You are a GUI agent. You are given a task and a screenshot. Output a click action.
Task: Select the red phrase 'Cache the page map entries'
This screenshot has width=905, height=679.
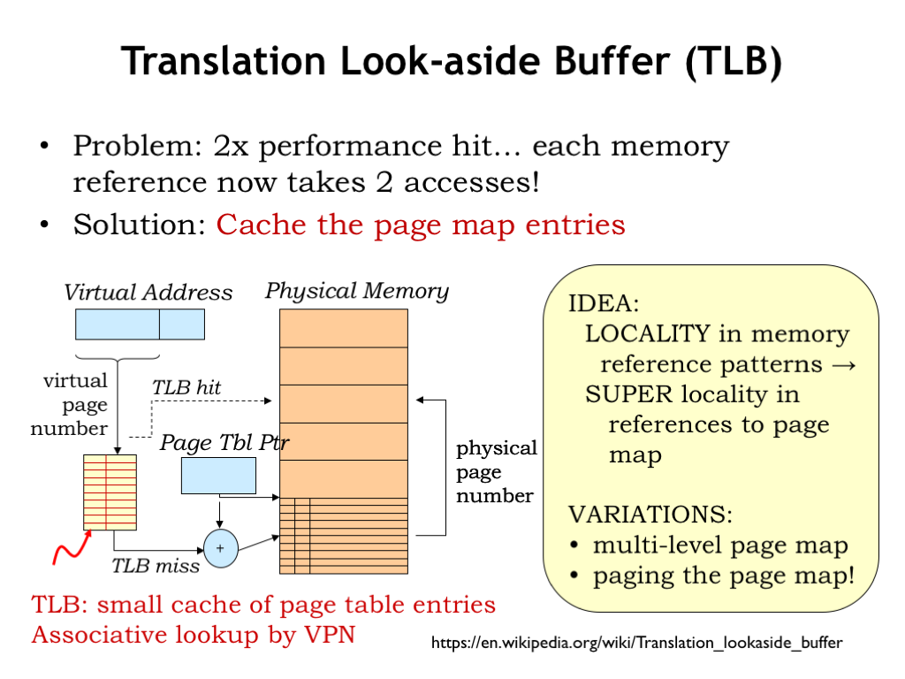(421, 225)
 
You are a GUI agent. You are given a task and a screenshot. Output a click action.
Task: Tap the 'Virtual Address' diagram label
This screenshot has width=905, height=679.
(148, 293)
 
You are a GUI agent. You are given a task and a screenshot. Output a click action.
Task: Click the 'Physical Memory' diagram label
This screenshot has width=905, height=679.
(357, 291)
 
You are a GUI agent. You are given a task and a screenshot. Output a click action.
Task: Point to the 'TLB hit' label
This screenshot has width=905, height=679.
(186, 387)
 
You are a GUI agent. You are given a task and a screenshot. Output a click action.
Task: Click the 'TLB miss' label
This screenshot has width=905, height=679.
(156, 566)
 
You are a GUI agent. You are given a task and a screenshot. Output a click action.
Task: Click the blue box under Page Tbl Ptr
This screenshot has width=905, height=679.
(218, 476)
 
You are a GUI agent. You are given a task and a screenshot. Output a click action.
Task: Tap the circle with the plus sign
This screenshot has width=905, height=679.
(221, 548)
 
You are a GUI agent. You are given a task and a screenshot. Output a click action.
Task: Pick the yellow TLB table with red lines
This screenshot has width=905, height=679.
(110, 492)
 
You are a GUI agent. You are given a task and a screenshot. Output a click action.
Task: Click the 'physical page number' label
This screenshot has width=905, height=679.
(496, 472)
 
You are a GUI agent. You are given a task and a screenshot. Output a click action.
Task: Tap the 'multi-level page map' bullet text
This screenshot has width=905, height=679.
(720, 545)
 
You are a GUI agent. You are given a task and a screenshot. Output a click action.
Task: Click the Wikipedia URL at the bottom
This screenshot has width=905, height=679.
(636, 644)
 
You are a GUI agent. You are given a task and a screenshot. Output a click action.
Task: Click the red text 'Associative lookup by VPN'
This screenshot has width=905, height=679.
(193, 635)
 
